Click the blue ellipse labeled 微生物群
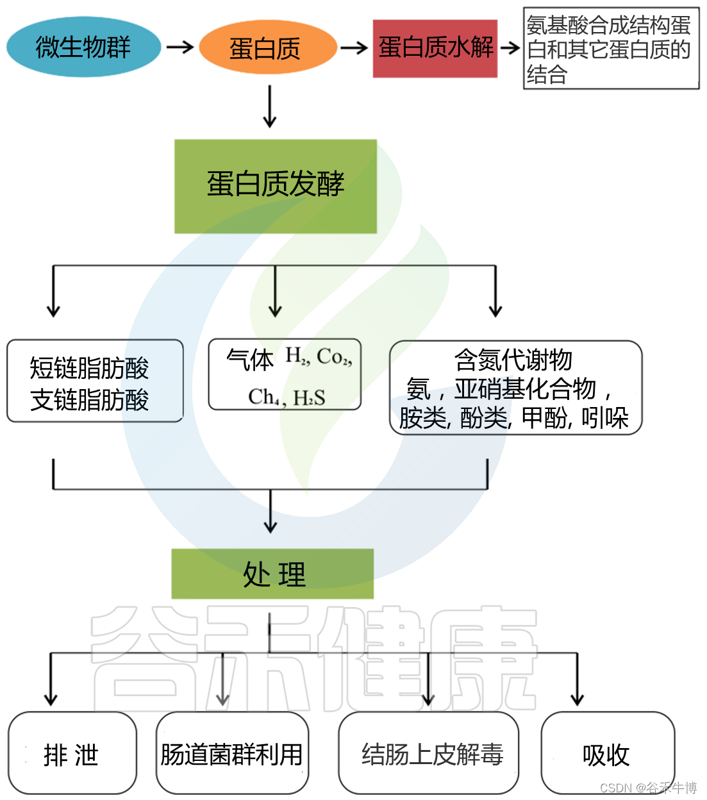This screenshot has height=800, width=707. [83, 47]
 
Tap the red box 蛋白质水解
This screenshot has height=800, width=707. [435, 48]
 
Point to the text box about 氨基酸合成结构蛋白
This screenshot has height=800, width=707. [610, 49]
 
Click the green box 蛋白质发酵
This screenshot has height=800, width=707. [276, 185]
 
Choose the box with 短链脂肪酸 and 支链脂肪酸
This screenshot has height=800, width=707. [94, 382]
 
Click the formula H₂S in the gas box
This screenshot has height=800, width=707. [310, 398]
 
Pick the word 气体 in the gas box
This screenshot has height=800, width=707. [250, 360]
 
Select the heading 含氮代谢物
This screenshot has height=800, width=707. [513, 359]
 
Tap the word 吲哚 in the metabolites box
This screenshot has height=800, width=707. [605, 418]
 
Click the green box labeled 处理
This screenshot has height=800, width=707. [273, 574]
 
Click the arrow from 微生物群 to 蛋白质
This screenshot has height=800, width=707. [179, 47]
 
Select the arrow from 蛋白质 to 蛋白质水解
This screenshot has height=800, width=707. [354, 47]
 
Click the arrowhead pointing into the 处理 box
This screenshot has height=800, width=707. [270, 525]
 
